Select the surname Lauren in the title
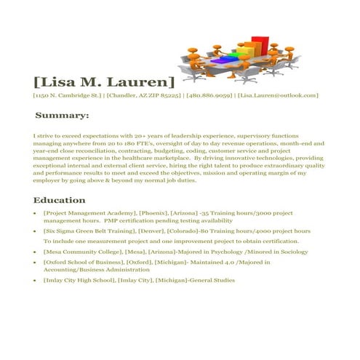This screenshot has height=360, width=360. [x=143, y=81]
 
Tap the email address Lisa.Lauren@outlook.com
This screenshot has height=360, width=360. [x=279, y=95]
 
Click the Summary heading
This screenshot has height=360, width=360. [x=63, y=116]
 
